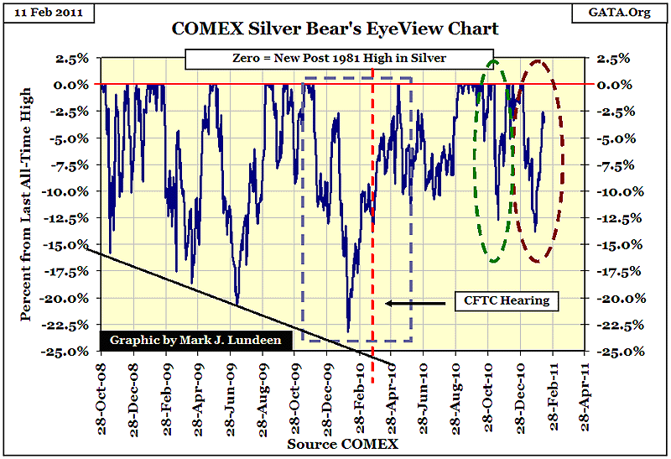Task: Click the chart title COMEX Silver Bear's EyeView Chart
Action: [335, 29]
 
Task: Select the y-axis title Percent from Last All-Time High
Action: [24, 204]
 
